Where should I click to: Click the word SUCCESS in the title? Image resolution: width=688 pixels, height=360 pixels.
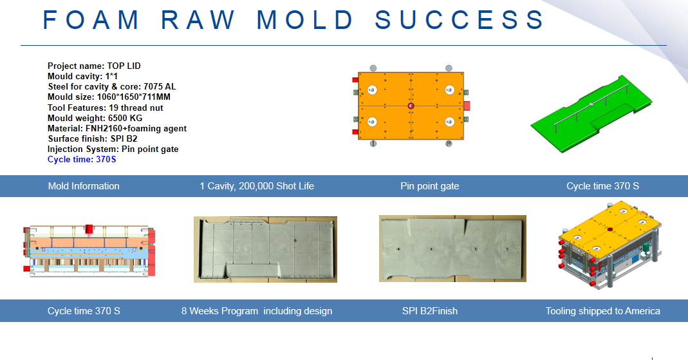[460, 20]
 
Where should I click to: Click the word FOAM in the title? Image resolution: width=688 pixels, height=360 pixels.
[91, 20]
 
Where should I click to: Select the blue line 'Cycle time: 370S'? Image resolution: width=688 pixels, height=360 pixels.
[82, 159]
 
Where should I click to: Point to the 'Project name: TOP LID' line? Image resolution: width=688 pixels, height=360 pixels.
[95, 66]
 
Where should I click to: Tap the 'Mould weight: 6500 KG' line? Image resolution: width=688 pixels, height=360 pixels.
[95, 118]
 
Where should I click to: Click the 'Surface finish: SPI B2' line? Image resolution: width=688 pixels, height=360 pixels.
[93, 138]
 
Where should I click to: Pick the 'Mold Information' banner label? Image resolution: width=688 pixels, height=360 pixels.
[84, 186]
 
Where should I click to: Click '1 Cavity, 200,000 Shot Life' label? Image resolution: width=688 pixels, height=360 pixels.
[257, 186]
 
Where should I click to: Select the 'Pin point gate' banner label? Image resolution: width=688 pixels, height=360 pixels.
[430, 186]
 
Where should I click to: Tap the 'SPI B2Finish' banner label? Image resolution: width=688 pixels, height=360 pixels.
[430, 311]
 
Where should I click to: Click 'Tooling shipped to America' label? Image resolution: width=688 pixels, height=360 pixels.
[603, 311]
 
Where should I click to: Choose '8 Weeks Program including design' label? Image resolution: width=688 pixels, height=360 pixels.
[257, 311]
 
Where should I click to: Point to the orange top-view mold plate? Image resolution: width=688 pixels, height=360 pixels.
[411, 106]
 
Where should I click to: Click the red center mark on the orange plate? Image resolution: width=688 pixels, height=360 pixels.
[411, 106]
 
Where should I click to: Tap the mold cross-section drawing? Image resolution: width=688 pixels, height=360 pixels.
[89, 251]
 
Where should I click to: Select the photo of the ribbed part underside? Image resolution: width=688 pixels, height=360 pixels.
[265, 249]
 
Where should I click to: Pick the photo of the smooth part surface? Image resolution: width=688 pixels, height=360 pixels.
[452, 249]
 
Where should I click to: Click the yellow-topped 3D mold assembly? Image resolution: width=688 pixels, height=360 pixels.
[610, 245]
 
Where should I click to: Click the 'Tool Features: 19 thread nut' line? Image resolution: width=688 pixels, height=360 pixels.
[106, 108]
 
